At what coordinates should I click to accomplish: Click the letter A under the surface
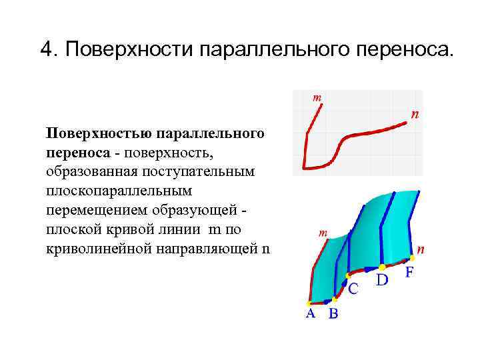311,314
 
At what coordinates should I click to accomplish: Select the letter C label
353,289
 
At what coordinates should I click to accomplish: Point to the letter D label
381,279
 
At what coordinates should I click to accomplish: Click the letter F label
409,273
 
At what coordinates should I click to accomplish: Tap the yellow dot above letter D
382,267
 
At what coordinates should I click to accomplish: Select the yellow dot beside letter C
347,275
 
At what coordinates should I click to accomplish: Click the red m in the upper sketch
317,97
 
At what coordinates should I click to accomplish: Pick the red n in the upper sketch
415,115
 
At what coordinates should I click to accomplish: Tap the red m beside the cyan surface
323,233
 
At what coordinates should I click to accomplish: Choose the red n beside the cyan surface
421,250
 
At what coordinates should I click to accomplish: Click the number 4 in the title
46,50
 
